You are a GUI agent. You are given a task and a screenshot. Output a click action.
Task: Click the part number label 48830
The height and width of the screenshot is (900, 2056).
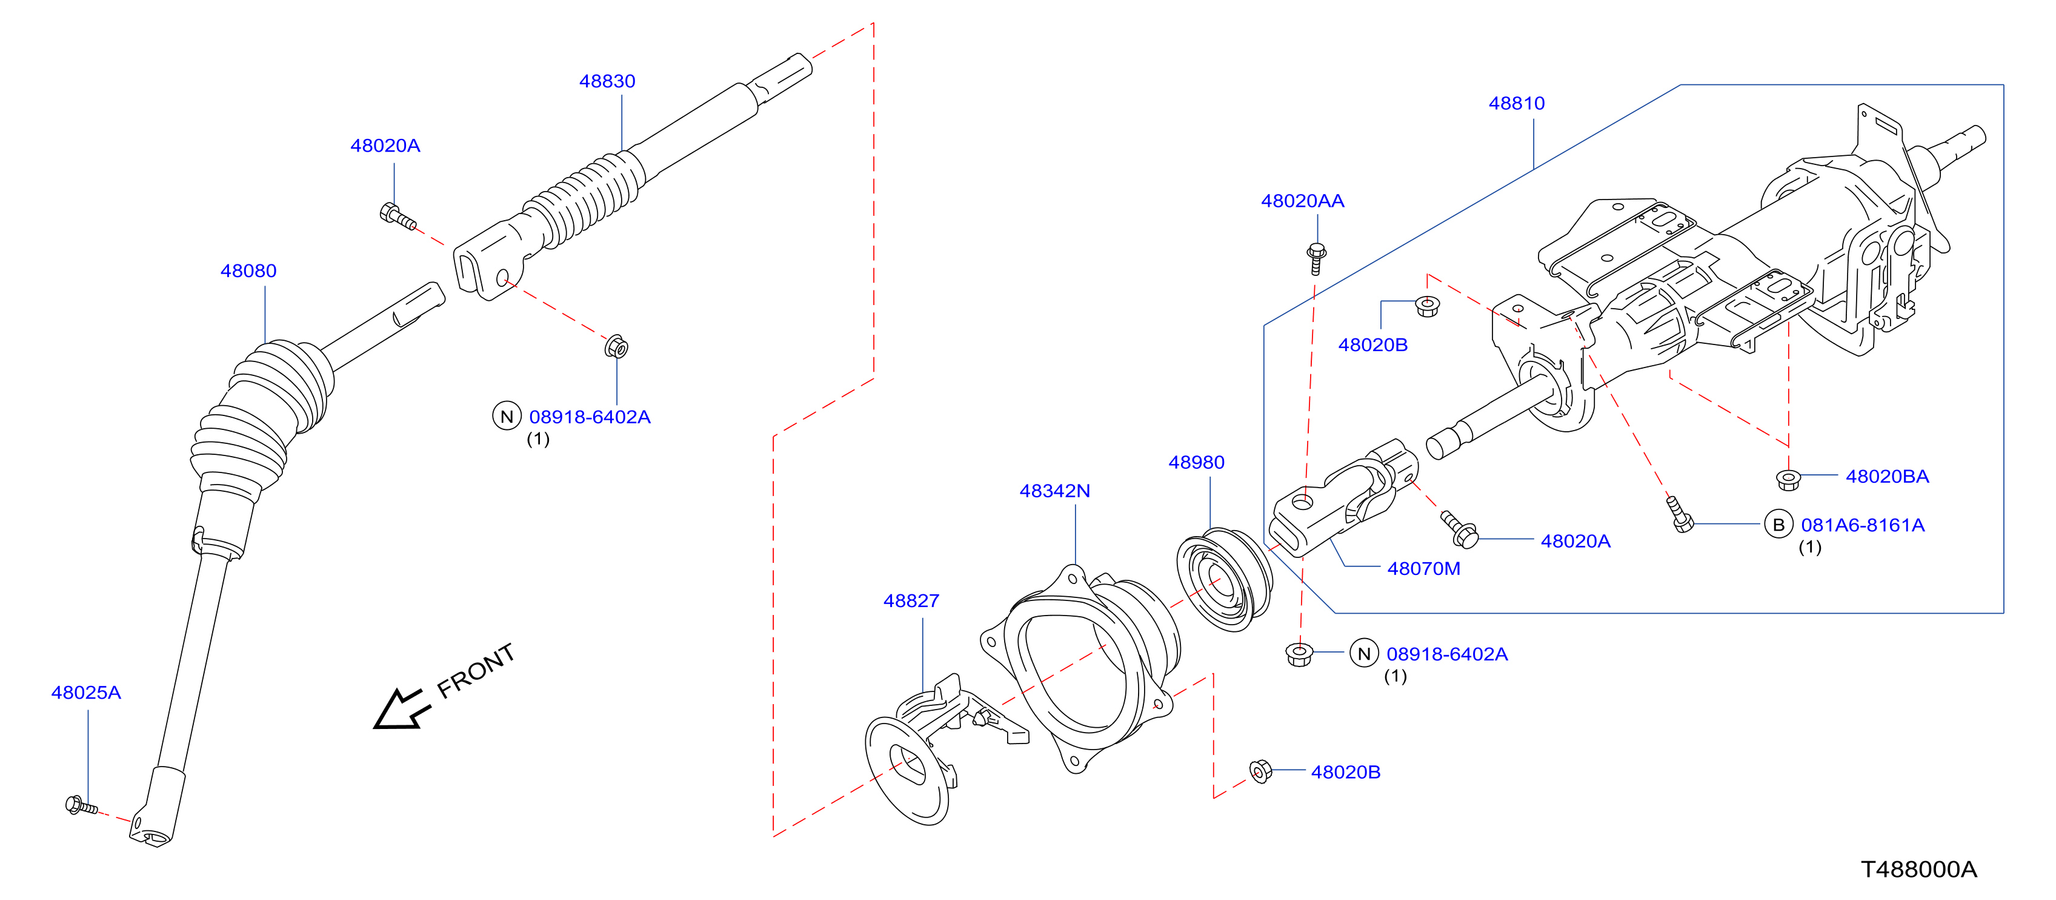coord(607,81)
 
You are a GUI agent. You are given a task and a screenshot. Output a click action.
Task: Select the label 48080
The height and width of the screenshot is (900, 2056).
coord(248,272)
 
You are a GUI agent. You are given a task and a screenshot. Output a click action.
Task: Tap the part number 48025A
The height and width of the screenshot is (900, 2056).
coord(86,693)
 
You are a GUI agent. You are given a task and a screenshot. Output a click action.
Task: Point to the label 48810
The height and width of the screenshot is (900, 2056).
coord(1517,104)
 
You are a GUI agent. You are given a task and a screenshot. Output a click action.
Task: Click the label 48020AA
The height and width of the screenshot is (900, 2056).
coord(1303,201)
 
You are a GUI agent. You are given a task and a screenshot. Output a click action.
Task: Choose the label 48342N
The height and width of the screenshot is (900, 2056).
coord(1054,491)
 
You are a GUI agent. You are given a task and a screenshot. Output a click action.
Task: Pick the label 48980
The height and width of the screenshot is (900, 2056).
coord(1196,462)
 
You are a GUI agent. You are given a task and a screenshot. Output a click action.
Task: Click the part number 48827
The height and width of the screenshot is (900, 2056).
coord(911,602)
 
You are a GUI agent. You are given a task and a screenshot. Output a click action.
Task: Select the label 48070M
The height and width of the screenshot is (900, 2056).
coord(1424,569)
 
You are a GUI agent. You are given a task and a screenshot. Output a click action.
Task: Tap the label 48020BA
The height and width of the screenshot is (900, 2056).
coord(1887,477)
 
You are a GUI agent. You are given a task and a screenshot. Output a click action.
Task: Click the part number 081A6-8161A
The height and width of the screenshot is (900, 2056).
coord(1863,525)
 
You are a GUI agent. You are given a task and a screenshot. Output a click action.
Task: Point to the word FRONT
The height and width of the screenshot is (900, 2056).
coord(476,671)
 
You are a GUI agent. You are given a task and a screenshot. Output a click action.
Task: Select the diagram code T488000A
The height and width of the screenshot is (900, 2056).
coord(1918,870)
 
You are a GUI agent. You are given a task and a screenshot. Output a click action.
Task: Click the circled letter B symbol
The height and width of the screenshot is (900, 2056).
coord(1778,525)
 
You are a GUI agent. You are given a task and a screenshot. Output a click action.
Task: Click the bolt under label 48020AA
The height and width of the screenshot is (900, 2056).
coord(1316,259)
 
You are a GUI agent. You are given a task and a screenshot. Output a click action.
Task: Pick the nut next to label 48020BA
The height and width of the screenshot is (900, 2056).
coord(1788,479)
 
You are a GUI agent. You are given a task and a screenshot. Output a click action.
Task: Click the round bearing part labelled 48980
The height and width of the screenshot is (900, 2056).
coord(1225,579)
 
